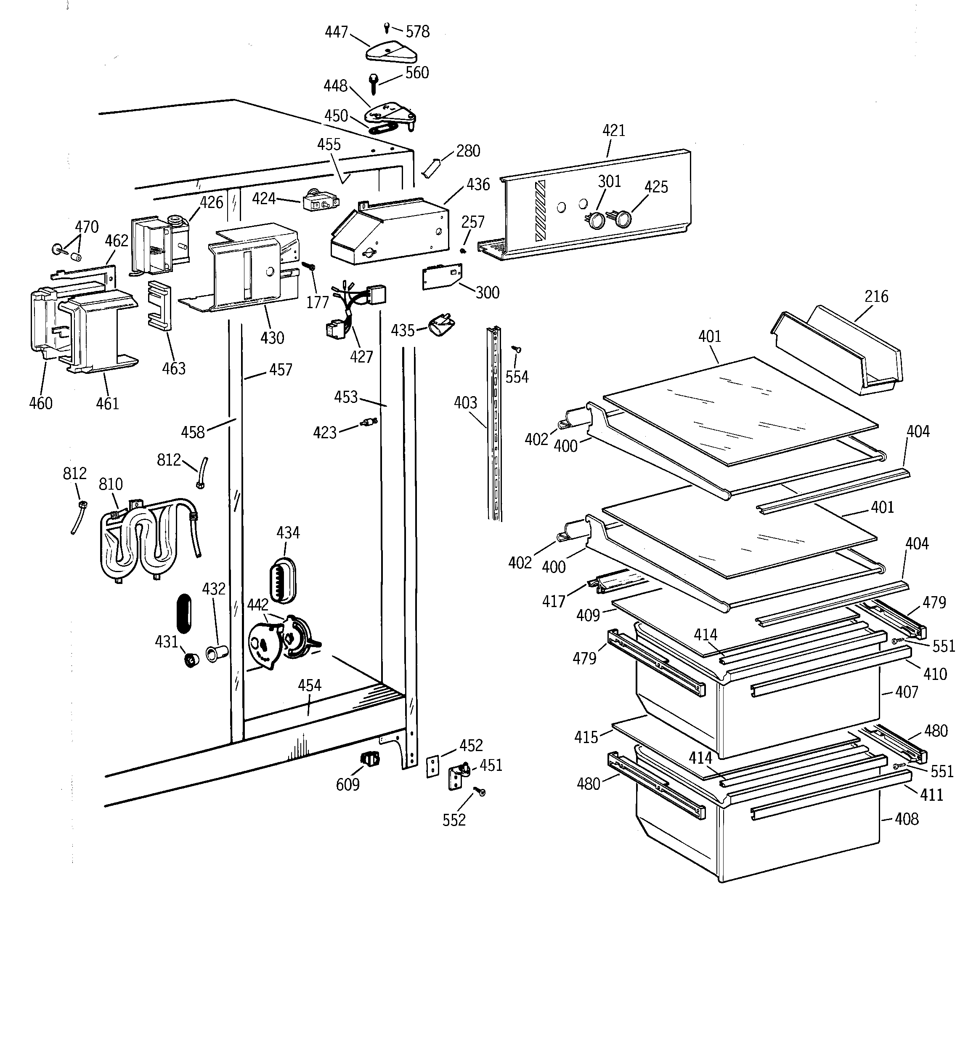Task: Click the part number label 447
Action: point(336,32)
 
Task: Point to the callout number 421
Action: point(613,131)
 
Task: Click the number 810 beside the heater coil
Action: point(111,484)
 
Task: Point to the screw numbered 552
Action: point(480,792)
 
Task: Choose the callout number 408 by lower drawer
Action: point(907,819)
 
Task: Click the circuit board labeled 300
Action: point(442,276)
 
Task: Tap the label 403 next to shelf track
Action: point(465,402)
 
